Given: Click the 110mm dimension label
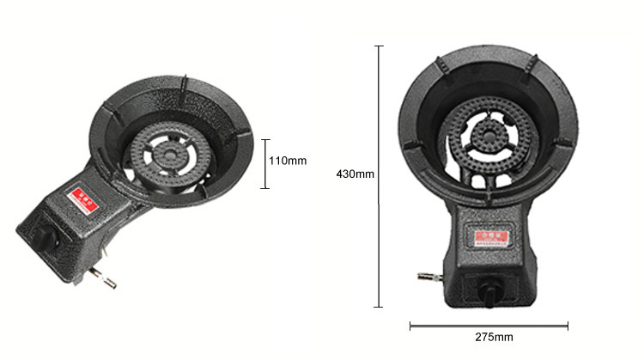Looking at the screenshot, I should click(x=289, y=161).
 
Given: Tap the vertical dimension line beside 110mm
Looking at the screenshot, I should click(x=266, y=163).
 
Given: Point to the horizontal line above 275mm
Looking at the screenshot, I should click(x=489, y=325).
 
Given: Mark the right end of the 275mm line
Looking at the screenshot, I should click(x=568, y=325).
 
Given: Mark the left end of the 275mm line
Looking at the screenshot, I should click(x=410, y=325).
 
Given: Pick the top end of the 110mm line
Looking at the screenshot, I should click(x=266, y=139).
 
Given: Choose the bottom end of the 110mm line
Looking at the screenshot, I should click(x=266, y=187).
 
